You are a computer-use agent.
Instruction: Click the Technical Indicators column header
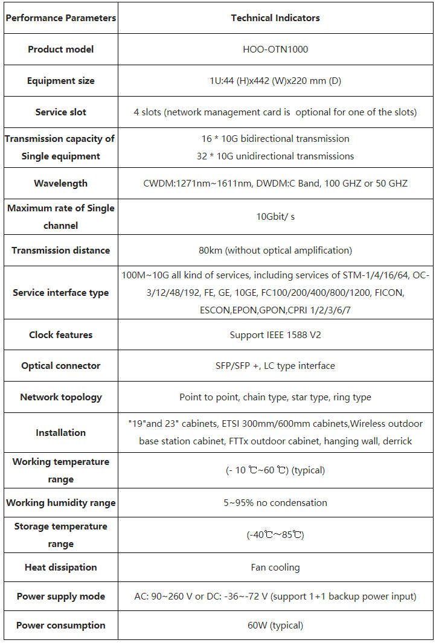click(275, 18)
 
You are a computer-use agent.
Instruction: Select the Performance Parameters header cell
click(60, 18)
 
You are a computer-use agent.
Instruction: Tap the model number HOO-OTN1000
click(275, 50)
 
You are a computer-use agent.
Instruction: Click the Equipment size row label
click(60, 81)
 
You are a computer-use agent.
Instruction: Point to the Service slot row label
click(60, 112)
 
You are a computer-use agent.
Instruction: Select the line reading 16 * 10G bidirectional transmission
click(275, 139)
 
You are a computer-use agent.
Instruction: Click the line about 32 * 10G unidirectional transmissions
click(275, 156)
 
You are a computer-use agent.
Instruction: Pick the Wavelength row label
click(60, 184)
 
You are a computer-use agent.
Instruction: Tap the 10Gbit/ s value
click(275, 217)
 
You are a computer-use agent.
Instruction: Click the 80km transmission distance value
click(275, 251)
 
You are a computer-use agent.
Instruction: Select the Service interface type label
click(60, 293)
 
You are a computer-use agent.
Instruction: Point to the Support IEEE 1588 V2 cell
click(275, 335)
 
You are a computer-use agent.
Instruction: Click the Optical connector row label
click(60, 366)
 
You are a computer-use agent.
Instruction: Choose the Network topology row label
click(60, 397)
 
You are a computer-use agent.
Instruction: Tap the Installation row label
click(60, 433)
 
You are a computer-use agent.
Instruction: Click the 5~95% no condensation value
click(275, 503)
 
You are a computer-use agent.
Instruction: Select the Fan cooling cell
click(275, 568)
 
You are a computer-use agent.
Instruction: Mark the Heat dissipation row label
click(60, 568)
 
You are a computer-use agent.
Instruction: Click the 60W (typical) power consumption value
click(275, 625)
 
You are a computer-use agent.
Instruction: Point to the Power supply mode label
click(60, 597)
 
